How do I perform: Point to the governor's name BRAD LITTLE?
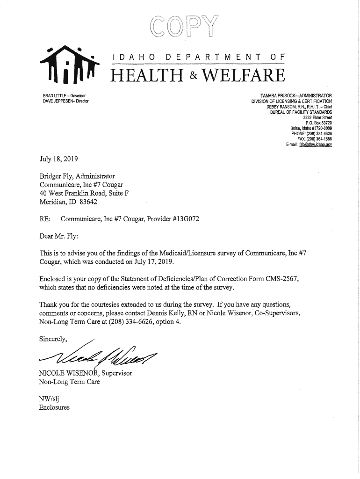point(54,96)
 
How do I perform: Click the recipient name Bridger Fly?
point(56,176)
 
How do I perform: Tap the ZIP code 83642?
point(89,203)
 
